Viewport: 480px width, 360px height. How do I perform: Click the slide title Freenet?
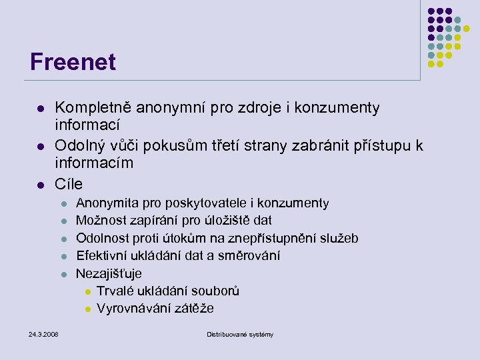tap(73, 62)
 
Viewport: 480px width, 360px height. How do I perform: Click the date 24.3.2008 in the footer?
tap(43, 333)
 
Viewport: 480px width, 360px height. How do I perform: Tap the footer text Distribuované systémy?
tap(240, 333)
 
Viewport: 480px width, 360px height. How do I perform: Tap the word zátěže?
tap(193, 308)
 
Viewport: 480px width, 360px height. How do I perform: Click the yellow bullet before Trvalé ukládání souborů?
tap(87, 291)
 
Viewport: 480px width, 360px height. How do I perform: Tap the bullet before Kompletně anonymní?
tap(41, 108)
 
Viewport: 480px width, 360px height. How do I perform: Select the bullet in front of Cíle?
tap(41, 183)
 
